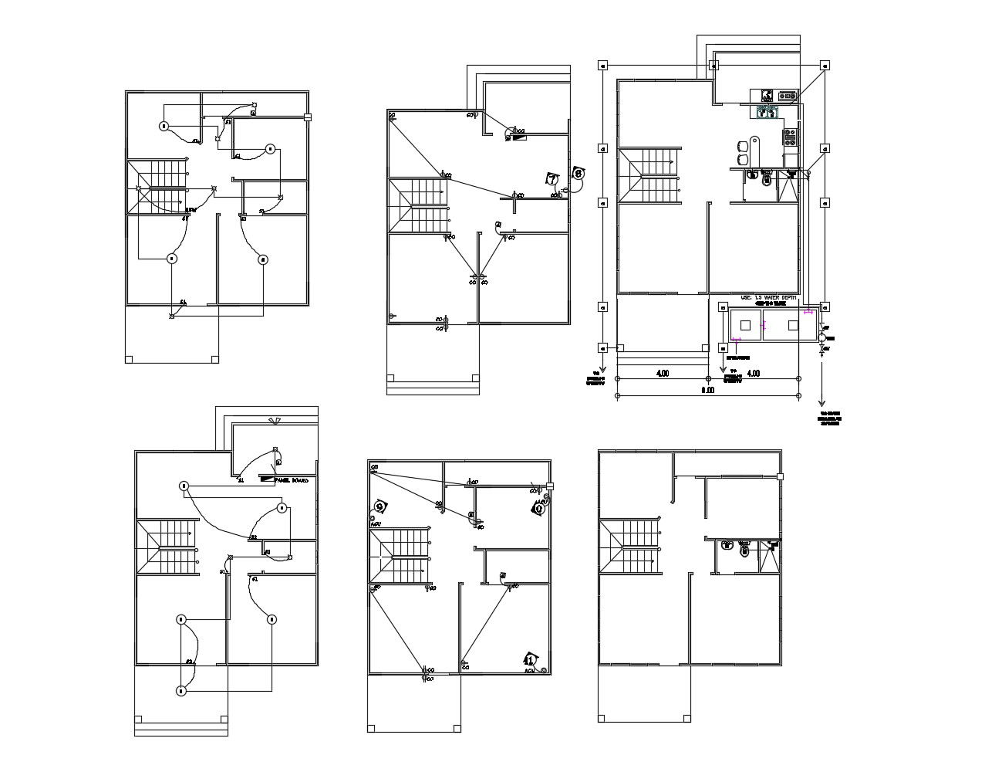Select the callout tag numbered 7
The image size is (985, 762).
(x=552, y=179)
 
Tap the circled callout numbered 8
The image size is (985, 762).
(x=578, y=174)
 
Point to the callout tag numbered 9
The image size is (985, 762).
(x=379, y=506)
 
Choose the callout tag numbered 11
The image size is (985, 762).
(x=530, y=659)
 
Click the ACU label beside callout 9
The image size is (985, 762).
(x=376, y=523)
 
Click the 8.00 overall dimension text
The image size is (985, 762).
(x=707, y=391)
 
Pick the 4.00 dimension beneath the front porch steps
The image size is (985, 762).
(x=662, y=374)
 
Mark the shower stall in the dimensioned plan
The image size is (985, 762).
(x=788, y=188)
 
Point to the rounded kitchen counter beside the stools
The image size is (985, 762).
(x=755, y=148)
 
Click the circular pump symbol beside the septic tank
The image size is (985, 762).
(x=823, y=337)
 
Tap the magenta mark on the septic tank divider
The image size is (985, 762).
(x=764, y=325)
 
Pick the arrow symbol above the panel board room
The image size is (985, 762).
(x=274, y=421)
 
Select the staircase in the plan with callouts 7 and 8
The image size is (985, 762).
(x=417, y=205)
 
